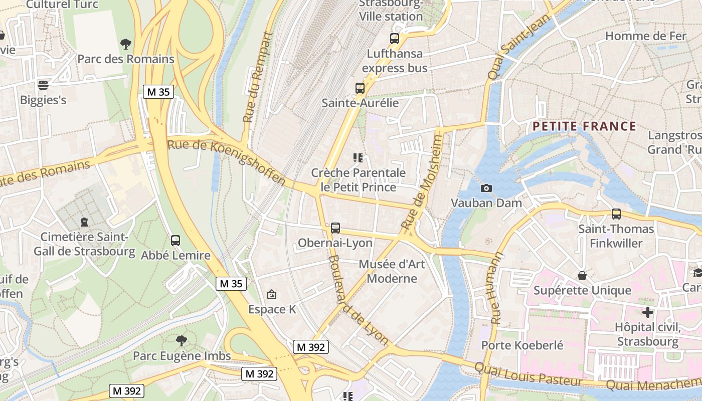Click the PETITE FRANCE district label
pyautogui.click(x=584, y=126)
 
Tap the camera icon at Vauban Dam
pyautogui.click(x=486, y=188)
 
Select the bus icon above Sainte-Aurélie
pyautogui.click(x=360, y=88)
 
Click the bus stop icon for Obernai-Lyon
pyautogui.click(x=335, y=228)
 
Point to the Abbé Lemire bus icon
pyautogui.click(x=175, y=241)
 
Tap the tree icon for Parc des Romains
pyautogui.click(x=126, y=44)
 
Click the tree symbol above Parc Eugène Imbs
pyautogui.click(x=182, y=341)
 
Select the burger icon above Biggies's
pyautogui.click(x=43, y=85)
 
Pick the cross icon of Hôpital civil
pyautogui.click(x=648, y=312)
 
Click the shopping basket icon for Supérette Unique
pyautogui.click(x=582, y=276)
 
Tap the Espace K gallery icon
pyautogui.click(x=272, y=294)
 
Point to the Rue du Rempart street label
pyautogui.click(x=257, y=78)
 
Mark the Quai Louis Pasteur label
pyautogui.click(x=528, y=375)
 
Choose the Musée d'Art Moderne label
pyautogui.click(x=392, y=271)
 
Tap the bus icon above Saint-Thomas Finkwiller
pyautogui.click(x=616, y=214)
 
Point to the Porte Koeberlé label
pyautogui.click(x=522, y=345)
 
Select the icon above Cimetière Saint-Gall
pyautogui.click(x=84, y=222)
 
